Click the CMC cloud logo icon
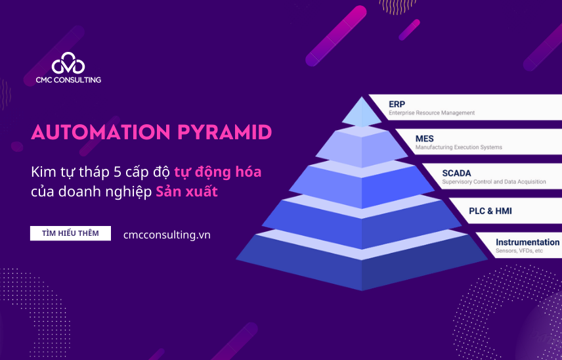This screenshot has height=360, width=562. pos(68,63)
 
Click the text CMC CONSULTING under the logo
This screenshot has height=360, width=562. pos(68,79)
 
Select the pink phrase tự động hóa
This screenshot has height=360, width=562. pos(217,172)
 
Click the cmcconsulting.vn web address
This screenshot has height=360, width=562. pos(167,235)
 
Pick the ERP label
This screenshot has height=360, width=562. pos(397,104)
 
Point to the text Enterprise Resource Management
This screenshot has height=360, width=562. pos(431,113)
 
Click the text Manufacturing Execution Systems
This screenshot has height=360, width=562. pos(458,148)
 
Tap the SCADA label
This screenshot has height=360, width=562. pos(456,173)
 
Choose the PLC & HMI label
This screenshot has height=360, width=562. pos(490,211)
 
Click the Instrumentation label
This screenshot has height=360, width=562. pos(527,242)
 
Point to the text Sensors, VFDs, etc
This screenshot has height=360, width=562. pos(519,251)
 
